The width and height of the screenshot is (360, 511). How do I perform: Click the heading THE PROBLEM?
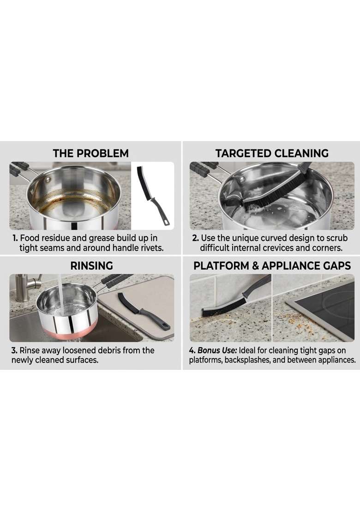tap(90, 153)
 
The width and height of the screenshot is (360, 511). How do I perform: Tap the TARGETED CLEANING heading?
tap(272, 153)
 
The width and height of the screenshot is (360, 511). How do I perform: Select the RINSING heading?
tap(92, 266)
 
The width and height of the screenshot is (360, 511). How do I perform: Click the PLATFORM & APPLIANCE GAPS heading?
tap(272, 266)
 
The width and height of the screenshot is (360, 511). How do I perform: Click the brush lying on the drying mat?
tap(140, 312)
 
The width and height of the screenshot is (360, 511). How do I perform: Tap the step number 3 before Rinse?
tap(14, 351)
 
